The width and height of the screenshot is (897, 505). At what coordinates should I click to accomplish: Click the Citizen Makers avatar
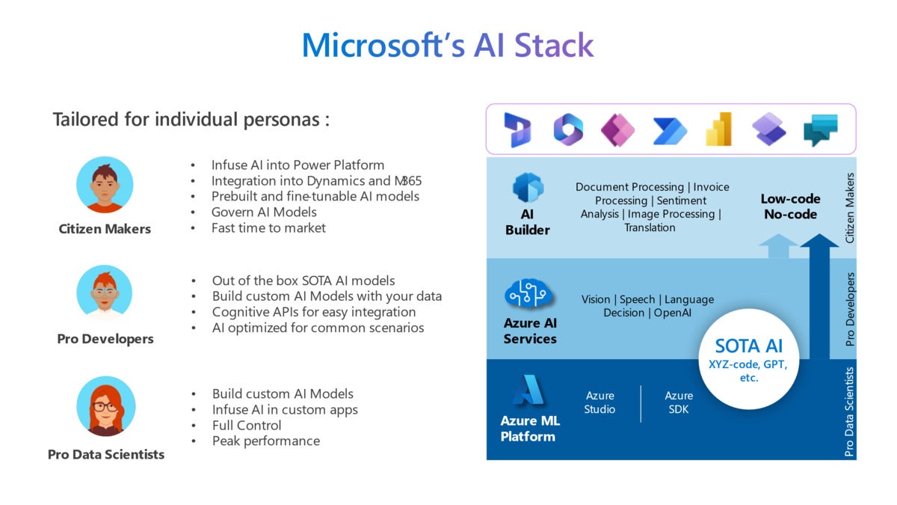tap(105, 185)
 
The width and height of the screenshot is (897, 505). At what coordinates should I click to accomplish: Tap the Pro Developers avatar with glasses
tap(105, 294)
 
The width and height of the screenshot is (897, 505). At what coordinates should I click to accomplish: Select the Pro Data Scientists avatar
tap(105, 406)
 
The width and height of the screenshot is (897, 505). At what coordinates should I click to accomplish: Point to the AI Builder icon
tap(527, 188)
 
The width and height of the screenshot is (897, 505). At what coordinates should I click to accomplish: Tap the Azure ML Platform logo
tap(528, 391)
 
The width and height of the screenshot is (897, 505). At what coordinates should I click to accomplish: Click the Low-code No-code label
tap(790, 206)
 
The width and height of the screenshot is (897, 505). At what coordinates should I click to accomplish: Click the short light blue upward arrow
tap(778, 246)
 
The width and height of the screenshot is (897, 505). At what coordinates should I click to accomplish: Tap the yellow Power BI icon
tap(718, 129)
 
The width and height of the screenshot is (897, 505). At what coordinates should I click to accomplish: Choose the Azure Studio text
tap(599, 403)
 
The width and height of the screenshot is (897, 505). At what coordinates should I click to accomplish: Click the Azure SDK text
tap(679, 403)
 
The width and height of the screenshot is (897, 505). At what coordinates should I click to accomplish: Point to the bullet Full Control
tap(247, 425)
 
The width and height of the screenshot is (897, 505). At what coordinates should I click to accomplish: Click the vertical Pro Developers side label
tap(849, 309)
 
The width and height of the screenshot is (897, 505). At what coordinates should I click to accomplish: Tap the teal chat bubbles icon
tap(820, 130)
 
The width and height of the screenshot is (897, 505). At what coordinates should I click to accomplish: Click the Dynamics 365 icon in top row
tap(517, 129)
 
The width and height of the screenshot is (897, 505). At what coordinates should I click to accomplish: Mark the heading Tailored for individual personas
tap(191, 120)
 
